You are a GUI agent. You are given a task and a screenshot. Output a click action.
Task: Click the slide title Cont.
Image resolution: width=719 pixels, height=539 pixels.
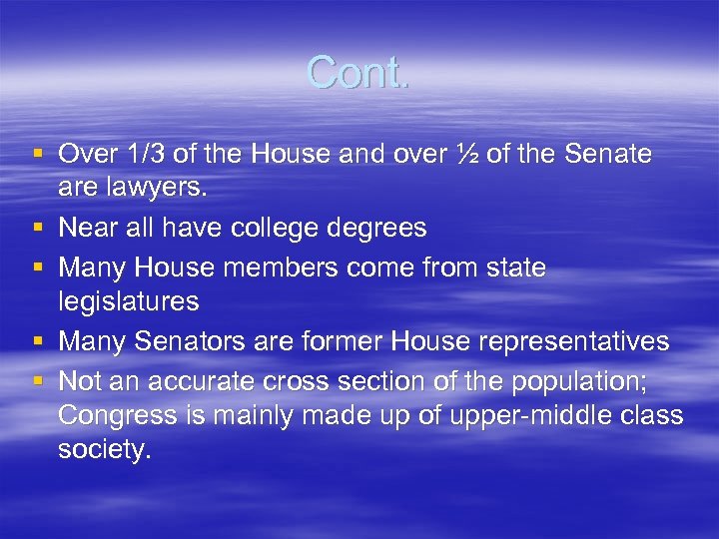click(358, 73)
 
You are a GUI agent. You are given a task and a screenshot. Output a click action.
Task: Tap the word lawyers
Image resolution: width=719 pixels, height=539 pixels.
click(142, 187)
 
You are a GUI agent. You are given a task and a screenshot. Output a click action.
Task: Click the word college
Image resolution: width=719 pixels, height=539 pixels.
click(279, 229)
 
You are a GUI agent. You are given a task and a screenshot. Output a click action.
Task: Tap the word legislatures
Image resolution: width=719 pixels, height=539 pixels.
click(129, 301)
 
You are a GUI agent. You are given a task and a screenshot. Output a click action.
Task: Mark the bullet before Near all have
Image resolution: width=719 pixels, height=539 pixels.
click(38, 229)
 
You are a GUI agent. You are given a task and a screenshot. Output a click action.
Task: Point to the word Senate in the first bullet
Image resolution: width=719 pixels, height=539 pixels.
click(608, 155)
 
